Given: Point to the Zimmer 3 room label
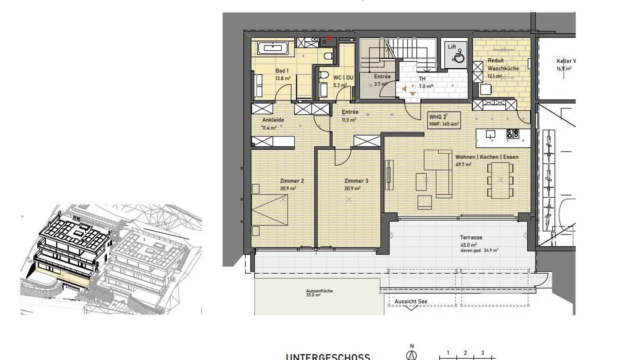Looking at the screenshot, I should coord(356,181).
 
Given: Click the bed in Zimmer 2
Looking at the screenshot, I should coord(269,211).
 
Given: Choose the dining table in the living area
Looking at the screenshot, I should coord(500,180).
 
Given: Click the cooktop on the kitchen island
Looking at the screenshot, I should coord(512,133).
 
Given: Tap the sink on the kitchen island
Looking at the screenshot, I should coord(490,133).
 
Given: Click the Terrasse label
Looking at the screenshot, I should coord(472,238).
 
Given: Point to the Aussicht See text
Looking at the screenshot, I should coord(411,301).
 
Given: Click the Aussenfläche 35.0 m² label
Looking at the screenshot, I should coord(319,293).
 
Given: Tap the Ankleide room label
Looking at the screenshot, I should coord(273,120).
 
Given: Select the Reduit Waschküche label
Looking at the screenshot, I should coord(503,64).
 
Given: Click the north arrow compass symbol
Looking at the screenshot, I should coord(412,355).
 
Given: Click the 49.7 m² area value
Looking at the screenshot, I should coord(463,164).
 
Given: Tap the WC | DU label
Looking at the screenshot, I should coord(343,77).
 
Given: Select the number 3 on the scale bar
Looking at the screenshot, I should coord(482,353).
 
